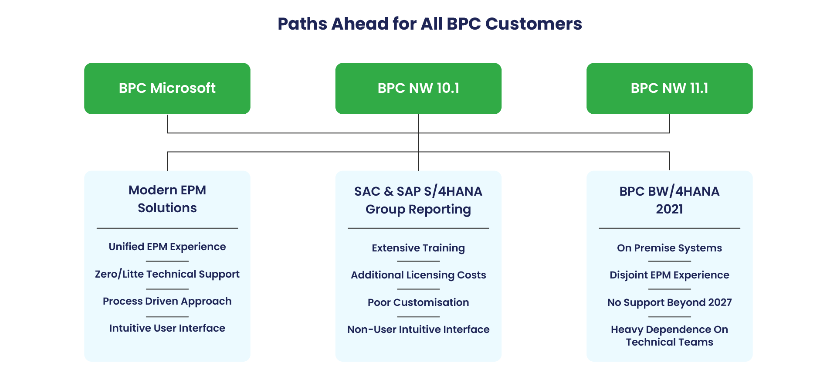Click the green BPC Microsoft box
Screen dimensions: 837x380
click(167, 88)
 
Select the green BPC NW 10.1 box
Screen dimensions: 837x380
click(418, 88)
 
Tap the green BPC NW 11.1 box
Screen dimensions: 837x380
click(670, 88)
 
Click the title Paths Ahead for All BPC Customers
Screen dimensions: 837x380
click(430, 24)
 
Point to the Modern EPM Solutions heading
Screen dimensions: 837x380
click(167, 199)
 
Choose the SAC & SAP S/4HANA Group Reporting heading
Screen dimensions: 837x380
click(418, 200)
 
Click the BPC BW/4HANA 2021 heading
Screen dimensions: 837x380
click(670, 200)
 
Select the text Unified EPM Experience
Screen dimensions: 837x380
click(167, 247)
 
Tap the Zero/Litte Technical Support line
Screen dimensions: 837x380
click(167, 274)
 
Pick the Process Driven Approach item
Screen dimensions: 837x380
click(167, 301)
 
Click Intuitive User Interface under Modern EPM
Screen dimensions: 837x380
click(167, 328)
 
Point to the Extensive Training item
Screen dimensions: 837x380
click(418, 248)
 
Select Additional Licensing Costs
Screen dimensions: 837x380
click(418, 275)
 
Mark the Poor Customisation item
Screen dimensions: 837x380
click(418, 302)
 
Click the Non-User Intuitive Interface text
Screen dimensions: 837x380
click(418, 329)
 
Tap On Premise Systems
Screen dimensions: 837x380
click(670, 248)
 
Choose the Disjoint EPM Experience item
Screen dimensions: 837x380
click(670, 275)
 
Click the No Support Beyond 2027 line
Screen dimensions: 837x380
click(670, 302)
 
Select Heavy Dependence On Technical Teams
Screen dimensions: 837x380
click(670, 336)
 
